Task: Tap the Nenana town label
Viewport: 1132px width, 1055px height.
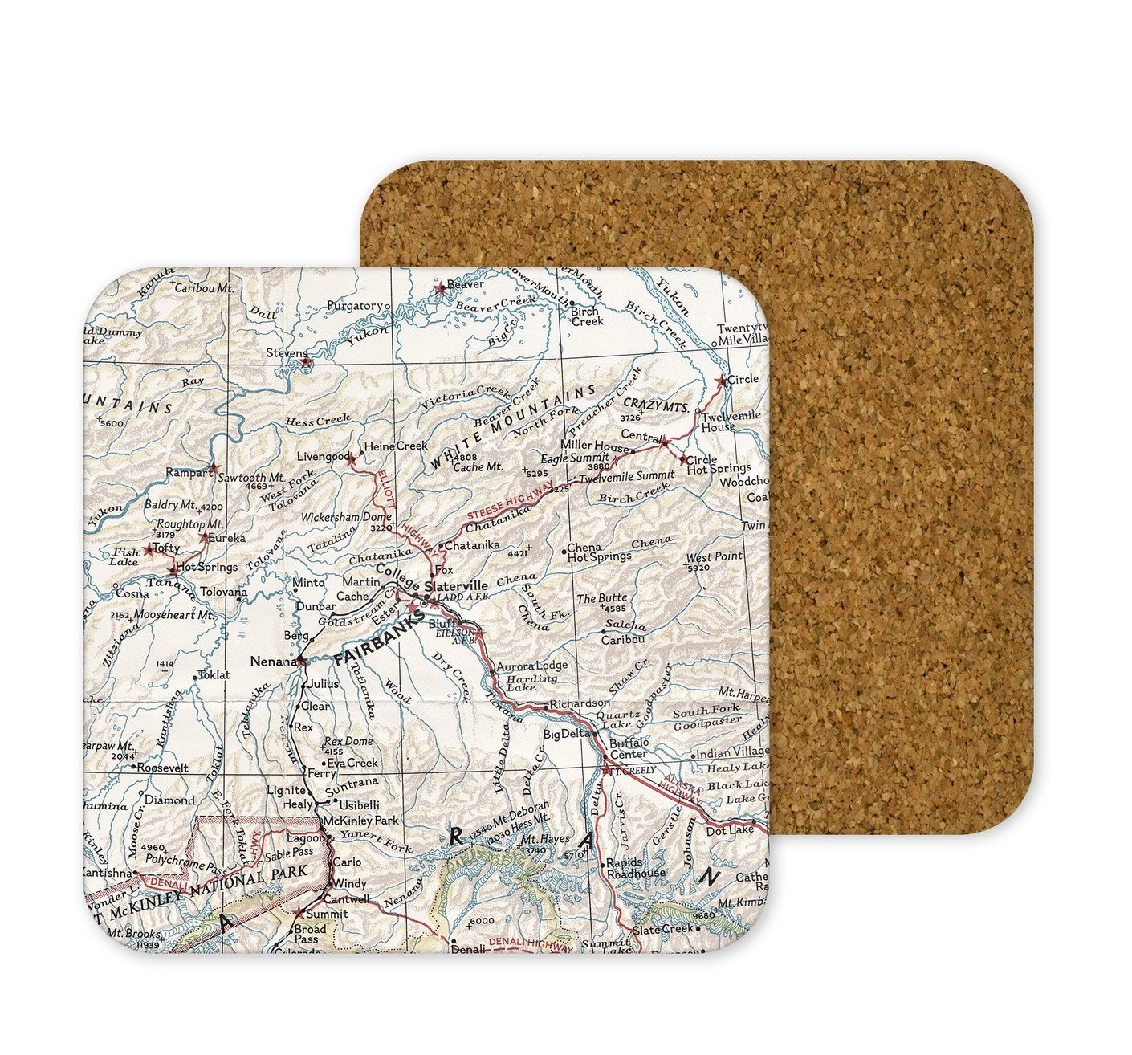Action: coord(272,662)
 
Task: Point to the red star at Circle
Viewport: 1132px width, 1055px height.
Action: coord(720,381)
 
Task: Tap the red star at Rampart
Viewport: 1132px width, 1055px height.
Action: coord(213,467)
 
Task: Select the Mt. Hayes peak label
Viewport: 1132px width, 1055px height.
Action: coord(549,839)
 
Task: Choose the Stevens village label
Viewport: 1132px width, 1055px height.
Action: coord(287,353)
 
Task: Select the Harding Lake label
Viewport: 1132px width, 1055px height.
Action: coord(532,682)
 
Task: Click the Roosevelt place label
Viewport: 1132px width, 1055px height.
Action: coord(162,768)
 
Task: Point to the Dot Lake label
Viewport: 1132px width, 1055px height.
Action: coord(730,830)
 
